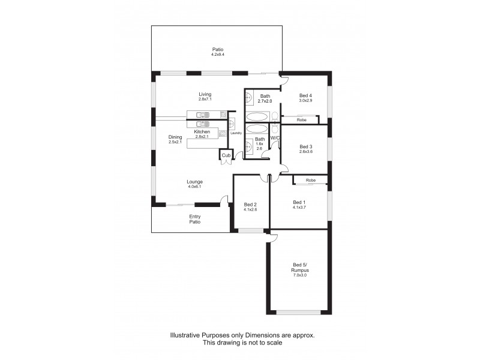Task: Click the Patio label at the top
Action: coord(217,49)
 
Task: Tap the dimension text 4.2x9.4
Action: coord(217,55)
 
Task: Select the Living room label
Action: coord(205,94)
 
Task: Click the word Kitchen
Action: coord(202,131)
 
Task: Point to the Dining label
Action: coord(175,136)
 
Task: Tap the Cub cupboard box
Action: coord(226,155)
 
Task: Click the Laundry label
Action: coord(236,133)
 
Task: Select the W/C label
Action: coord(275,138)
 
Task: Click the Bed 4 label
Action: coord(305,95)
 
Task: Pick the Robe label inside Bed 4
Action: coord(302,120)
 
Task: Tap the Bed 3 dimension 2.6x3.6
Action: coord(306,152)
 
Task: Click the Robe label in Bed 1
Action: coord(310,180)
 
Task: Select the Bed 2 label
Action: coord(250,204)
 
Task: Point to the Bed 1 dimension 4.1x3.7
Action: coord(299,208)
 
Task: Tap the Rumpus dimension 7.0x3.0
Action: coord(299,275)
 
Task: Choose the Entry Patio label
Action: coord(195,220)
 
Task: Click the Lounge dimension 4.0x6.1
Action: coord(194,187)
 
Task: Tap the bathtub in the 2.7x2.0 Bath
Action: coord(259,115)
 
